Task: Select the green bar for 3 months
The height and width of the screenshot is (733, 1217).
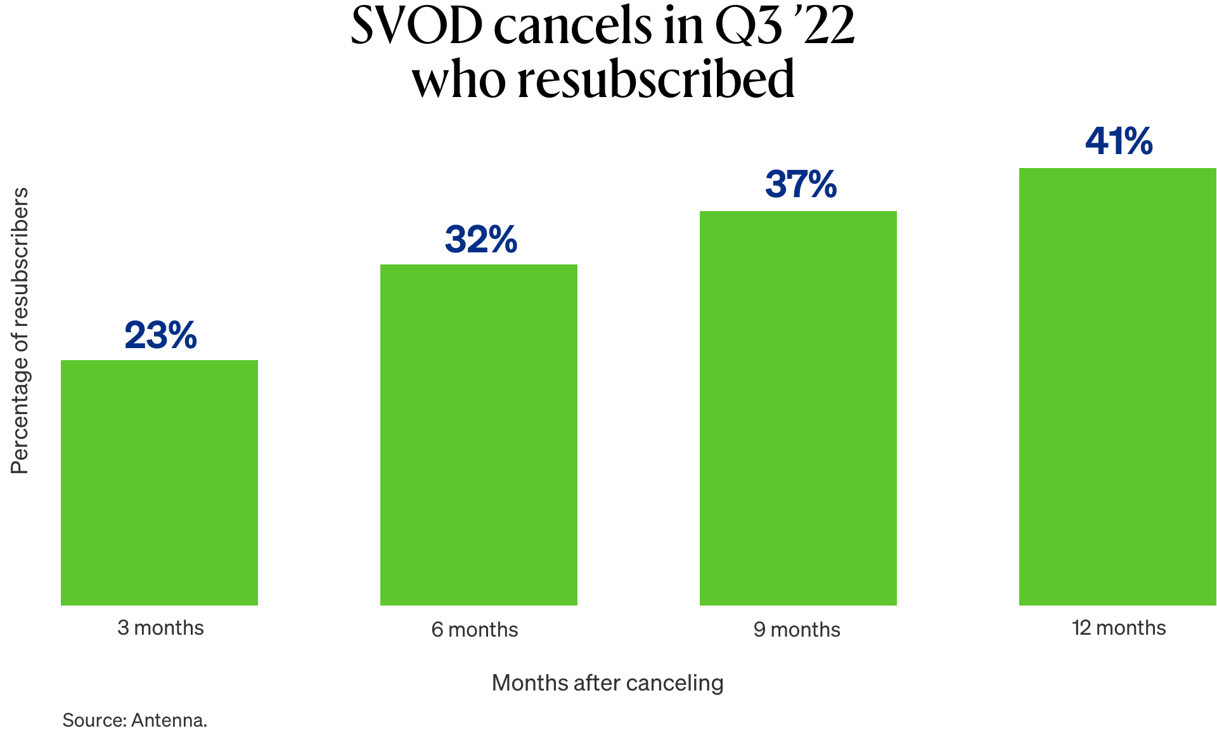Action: pos(159,483)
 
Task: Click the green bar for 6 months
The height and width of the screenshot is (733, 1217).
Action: pos(479,435)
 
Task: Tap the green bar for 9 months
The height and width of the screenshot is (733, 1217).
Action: pos(798,408)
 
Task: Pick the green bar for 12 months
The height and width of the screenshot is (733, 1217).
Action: pos(1117,387)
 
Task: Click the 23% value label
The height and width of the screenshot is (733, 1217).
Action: pos(160,335)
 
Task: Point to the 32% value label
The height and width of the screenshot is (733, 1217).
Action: pos(480,240)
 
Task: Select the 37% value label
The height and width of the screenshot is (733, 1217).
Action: pos(801,185)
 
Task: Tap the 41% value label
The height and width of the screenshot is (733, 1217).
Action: pos(1119,141)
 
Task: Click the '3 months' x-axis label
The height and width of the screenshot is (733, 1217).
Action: pos(160,628)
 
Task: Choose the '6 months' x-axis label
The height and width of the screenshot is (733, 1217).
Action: pos(475,630)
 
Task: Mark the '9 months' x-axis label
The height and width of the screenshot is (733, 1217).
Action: pos(797,630)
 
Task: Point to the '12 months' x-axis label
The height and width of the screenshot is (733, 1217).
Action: pos(1119,628)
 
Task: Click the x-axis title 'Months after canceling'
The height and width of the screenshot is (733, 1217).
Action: pos(607,683)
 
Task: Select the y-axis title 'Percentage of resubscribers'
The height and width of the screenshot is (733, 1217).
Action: pos(20,330)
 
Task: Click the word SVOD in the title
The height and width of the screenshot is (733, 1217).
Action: pos(416,27)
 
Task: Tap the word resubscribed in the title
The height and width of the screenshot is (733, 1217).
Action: pos(656,80)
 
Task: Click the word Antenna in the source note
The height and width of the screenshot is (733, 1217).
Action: pos(169,720)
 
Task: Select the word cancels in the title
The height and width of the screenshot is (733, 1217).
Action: pos(573,27)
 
